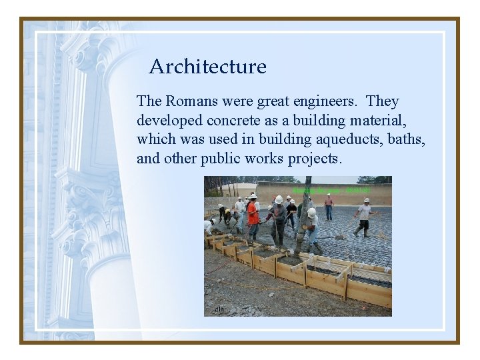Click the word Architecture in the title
pyautogui.click(x=207, y=67)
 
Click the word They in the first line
pyautogui.click(x=383, y=102)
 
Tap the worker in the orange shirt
pyautogui.click(x=253, y=217)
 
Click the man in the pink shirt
pyautogui.click(x=329, y=206)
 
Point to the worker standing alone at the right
pyautogui.click(x=363, y=217)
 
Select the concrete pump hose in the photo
pyautogui.click(x=306, y=200)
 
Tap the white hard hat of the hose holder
pyautogui.click(x=311, y=213)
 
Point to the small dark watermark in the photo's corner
pyautogui.click(x=219, y=309)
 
